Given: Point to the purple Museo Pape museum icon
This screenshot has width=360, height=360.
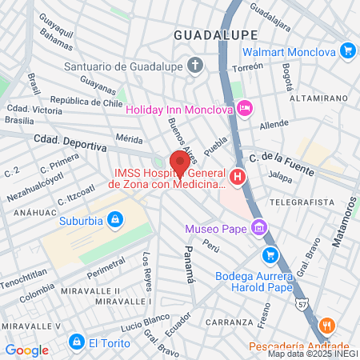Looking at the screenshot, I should pos(258,229).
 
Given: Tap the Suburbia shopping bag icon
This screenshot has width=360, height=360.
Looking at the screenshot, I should pos(116,218).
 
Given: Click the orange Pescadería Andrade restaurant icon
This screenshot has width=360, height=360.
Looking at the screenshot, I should pos(326,326).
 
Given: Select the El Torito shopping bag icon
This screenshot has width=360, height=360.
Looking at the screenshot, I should pos(76,342).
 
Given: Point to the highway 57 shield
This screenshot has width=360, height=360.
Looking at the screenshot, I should pos(302,304).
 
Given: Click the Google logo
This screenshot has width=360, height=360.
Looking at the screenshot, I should pos(27,350).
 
